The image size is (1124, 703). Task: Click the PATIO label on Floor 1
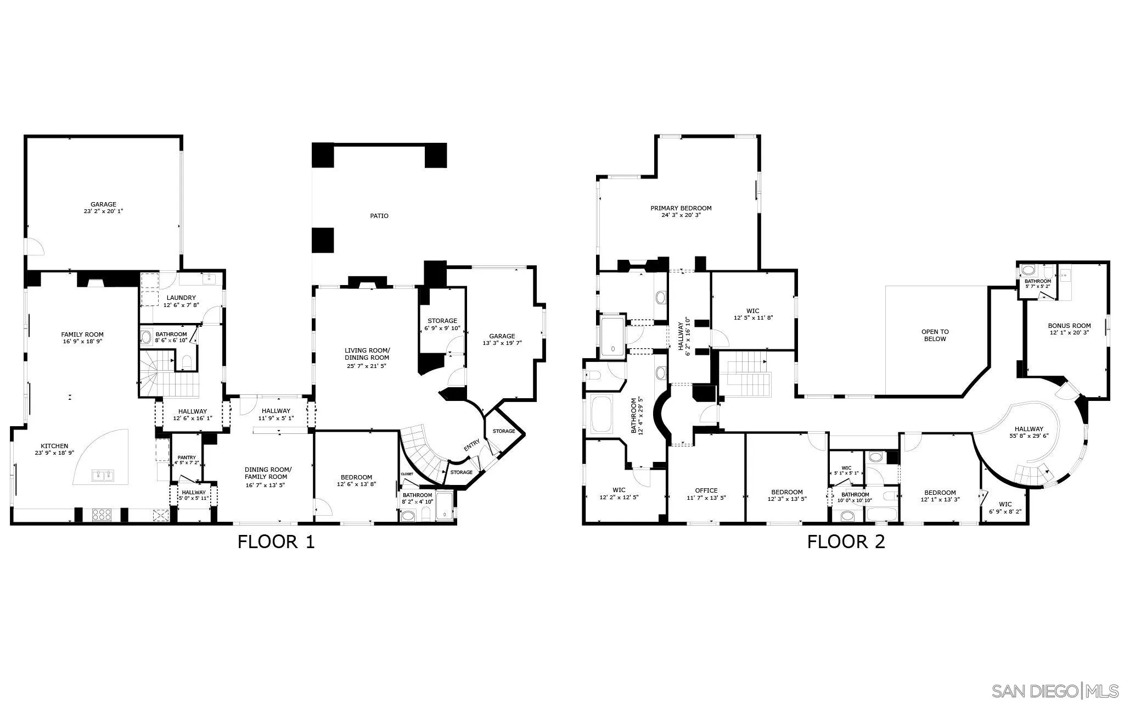pyautogui.click(x=379, y=216)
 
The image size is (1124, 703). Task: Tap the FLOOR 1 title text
pyautogui.click(x=276, y=542)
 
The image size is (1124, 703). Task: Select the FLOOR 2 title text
pyautogui.click(x=846, y=542)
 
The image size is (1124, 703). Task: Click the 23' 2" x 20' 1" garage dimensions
pyautogui.click(x=103, y=211)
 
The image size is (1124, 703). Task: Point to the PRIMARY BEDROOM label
pyautogui.click(x=681, y=208)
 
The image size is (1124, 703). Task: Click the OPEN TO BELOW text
pyautogui.click(x=935, y=335)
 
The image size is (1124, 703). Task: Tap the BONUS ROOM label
pyautogui.click(x=1069, y=326)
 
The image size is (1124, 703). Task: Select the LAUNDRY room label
pyautogui.click(x=181, y=298)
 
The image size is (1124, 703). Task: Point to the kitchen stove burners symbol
pyautogui.click(x=102, y=515)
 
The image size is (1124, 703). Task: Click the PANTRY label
pyautogui.click(x=187, y=457)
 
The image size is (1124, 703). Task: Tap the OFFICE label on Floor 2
pyautogui.click(x=706, y=491)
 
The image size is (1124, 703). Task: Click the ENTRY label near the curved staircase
pyautogui.click(x=471, y=446)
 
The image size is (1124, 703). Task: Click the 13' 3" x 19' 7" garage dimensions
pyautogui.click(x=502, y=343)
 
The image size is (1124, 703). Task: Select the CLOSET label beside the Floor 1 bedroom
pyautogui.click(x=407, y=473)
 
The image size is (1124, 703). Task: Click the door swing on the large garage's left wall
pyautogui.click(x=35, y=246)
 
